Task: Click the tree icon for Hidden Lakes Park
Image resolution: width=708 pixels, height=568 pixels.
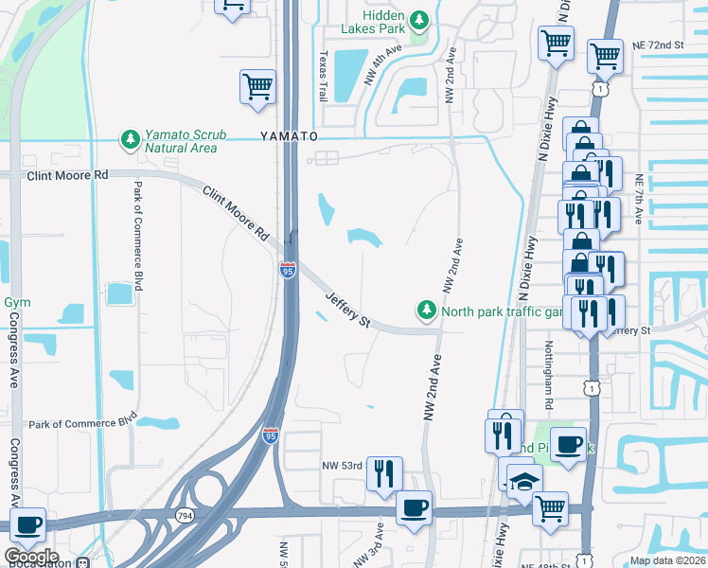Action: coord(417,18)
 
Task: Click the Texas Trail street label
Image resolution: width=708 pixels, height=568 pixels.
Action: coord(323,77)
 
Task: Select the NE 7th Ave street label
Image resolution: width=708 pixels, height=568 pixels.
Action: coord(639,200)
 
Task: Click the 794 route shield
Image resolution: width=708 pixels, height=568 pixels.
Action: coord(185,515)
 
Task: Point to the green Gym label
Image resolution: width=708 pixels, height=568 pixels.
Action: coord(17,302)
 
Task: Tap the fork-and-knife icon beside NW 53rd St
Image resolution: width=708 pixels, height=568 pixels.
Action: coord(384,472)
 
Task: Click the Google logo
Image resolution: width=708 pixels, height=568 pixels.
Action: coord(30,556)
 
